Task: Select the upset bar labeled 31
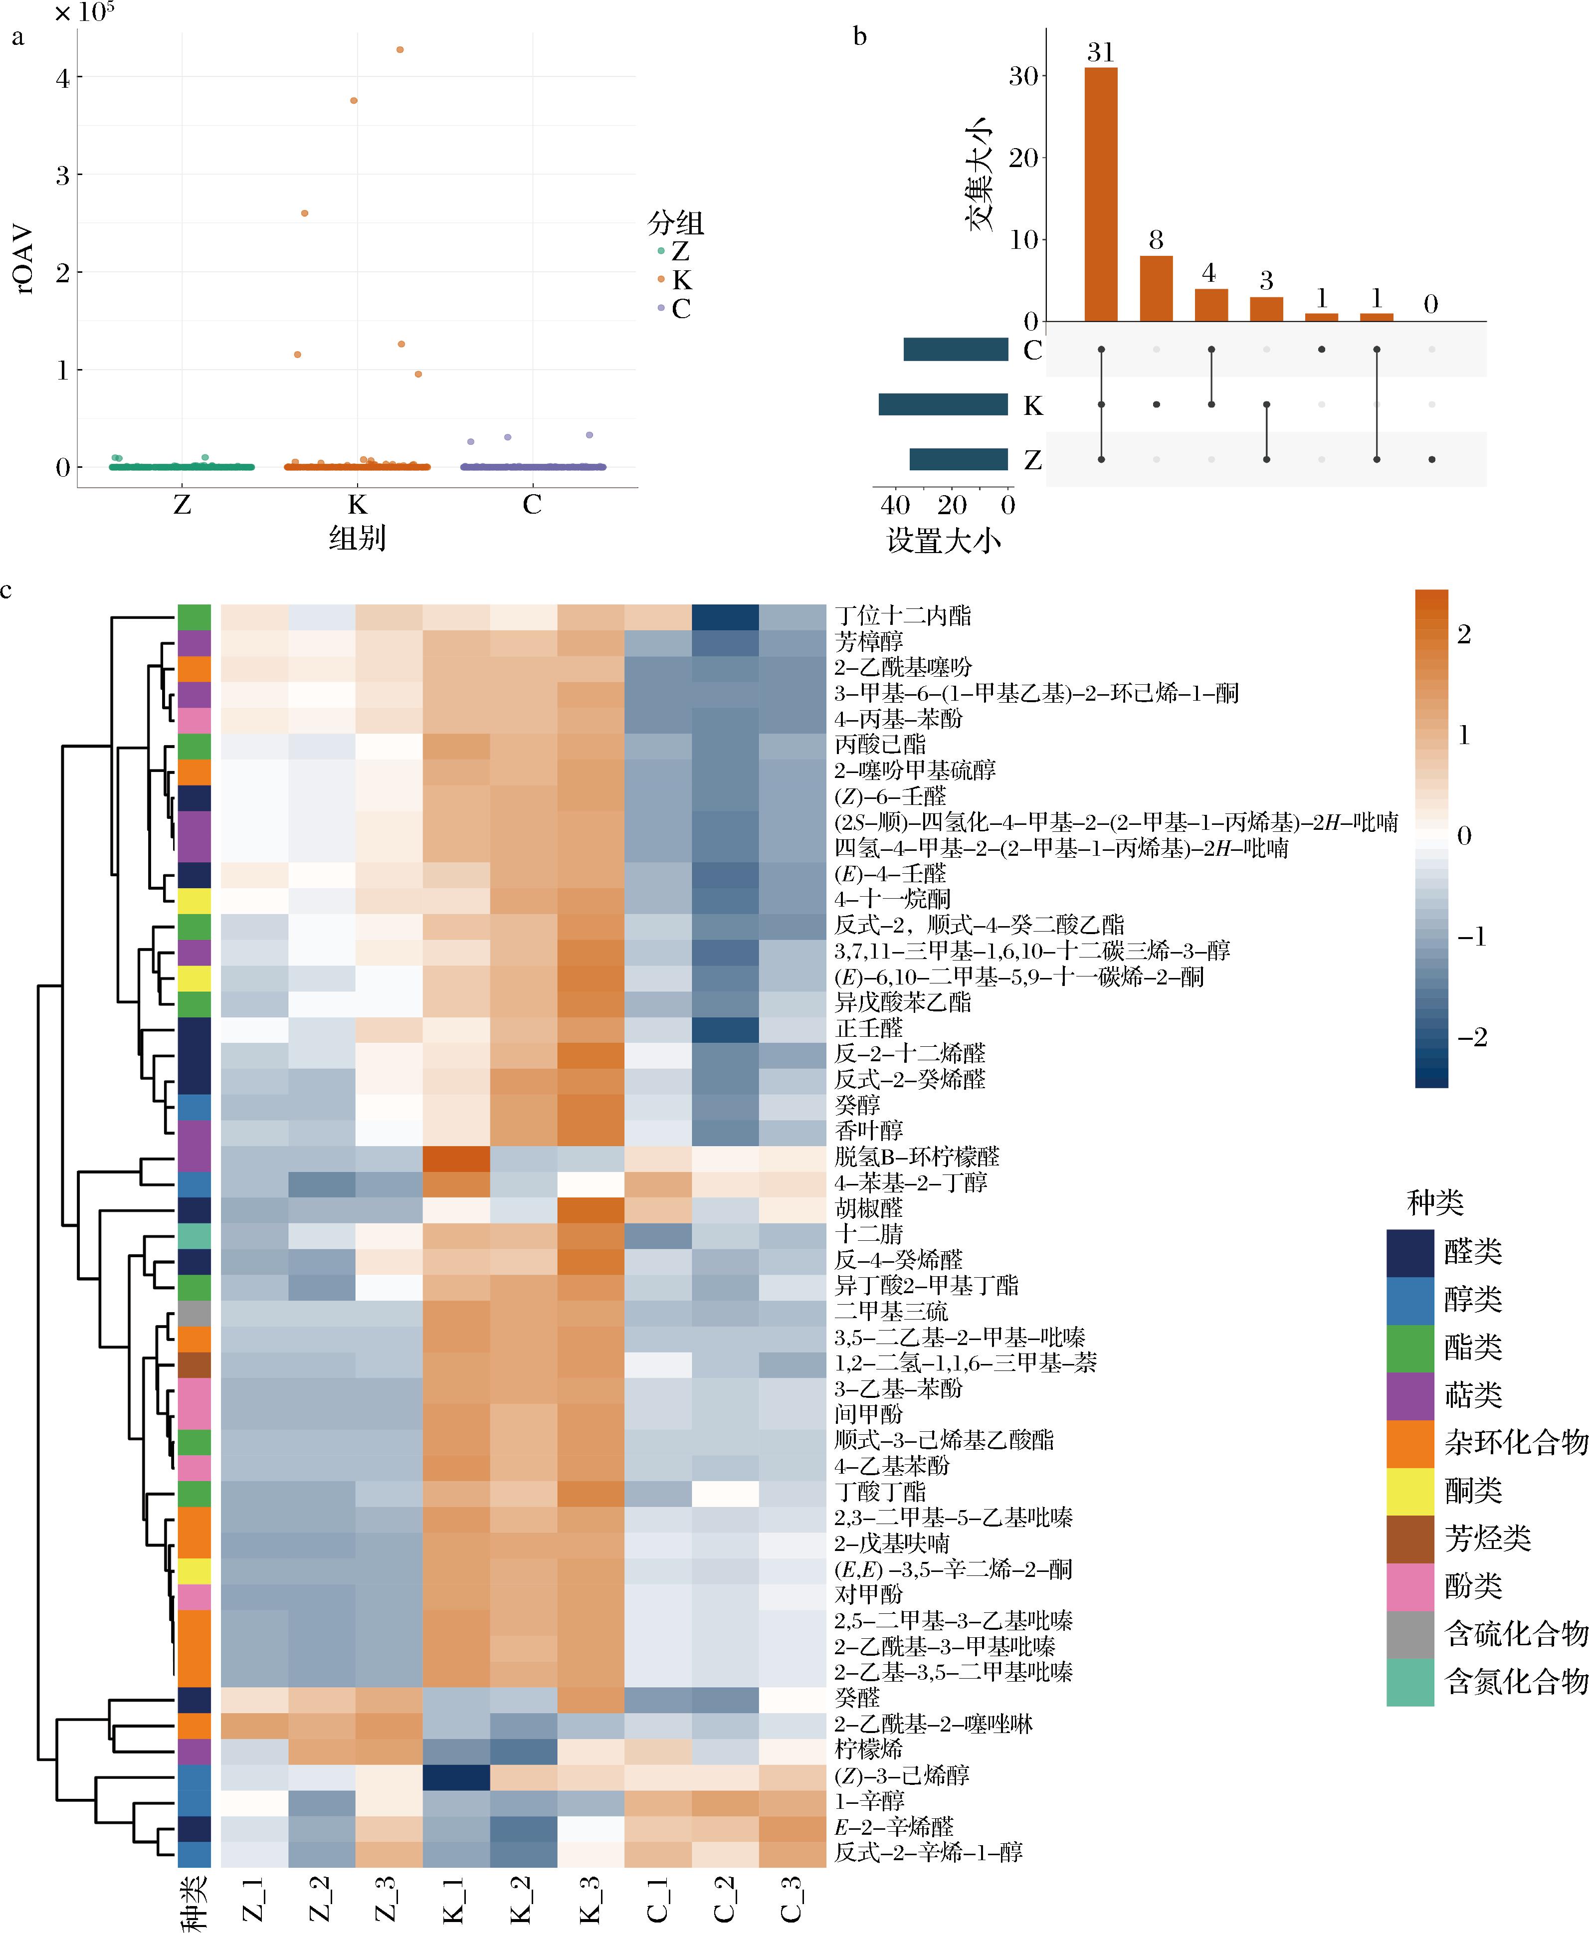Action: coord(1101,194)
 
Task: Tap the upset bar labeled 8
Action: coord(1156,288)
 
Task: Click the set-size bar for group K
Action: coord(943,404)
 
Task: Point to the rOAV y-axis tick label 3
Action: coord(62,175)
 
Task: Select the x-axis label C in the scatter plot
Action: coord(532,504)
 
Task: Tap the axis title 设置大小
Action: coord(944,541)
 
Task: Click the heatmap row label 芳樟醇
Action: coord(869,641)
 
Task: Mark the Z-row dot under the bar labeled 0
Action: coord(1431,459)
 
